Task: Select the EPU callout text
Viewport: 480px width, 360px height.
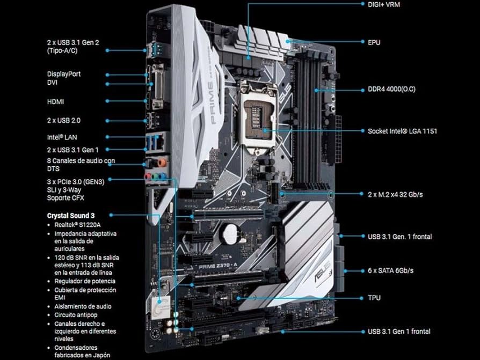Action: [x=374, y=42]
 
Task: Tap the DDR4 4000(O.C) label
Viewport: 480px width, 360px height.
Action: [x=394, y=90]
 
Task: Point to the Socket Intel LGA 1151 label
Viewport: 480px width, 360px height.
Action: [x=402, y=131]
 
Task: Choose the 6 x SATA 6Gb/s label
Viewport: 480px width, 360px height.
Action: [x=390, y=270]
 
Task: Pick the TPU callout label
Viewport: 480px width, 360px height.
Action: [x=375, y=297]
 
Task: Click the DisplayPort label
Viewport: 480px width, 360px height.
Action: [x=64, y=74]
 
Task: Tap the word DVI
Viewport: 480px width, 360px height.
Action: [x=53, y=83]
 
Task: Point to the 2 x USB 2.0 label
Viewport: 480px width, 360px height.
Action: [x=64, y=121]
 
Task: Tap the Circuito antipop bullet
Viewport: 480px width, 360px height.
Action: [x=79, y=315]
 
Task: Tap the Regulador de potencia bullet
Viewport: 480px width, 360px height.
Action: [x=85, y=281]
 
